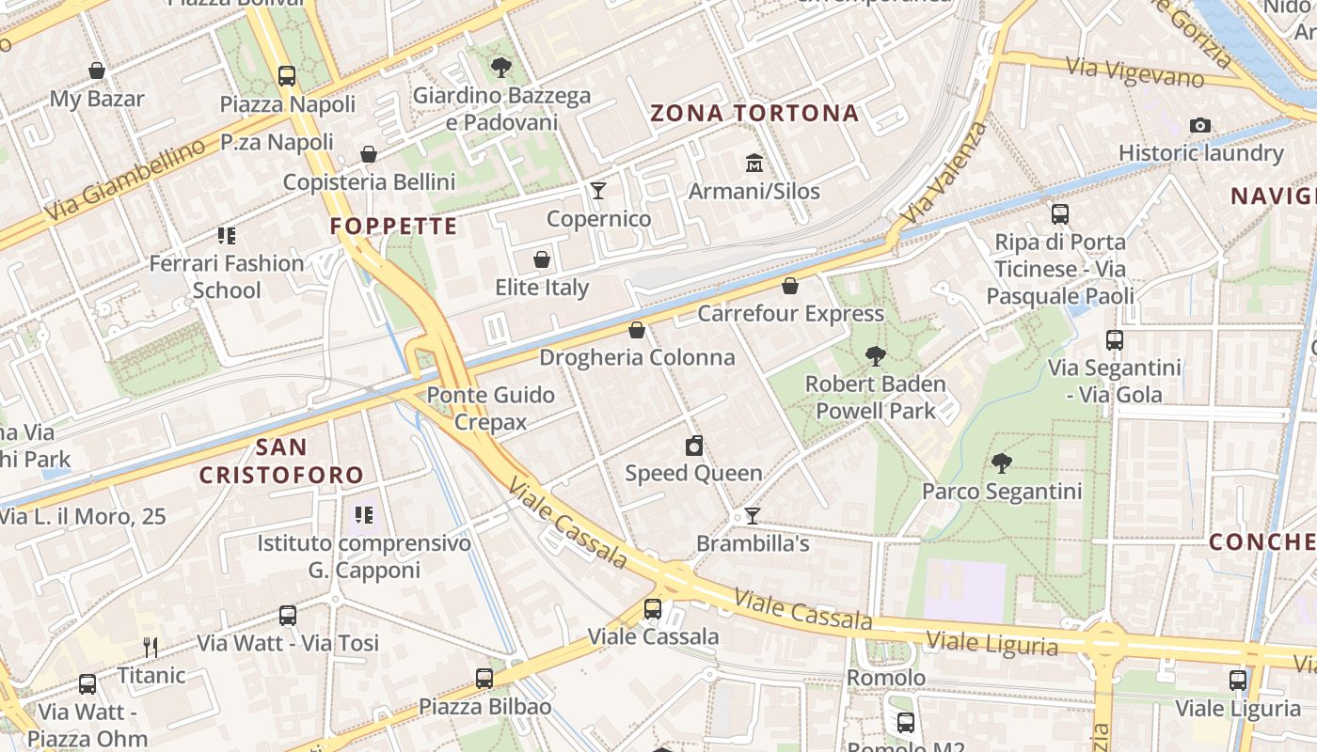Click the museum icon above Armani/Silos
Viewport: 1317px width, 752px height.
(754, 164)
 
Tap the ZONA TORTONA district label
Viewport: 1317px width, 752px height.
(754, 114)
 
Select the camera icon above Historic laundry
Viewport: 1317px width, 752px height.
(1199, 125)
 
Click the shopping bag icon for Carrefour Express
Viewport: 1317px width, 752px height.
(790, 286)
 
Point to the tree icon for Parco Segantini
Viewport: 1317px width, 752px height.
(1002, 462)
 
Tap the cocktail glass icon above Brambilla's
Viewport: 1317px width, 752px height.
(752, 515)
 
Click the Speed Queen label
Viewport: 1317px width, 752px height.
(693, 473)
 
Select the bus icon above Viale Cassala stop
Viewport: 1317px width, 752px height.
(653, 608)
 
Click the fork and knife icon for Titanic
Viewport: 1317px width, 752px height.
(151, 647)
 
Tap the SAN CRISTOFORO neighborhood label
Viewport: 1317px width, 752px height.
(281, 461)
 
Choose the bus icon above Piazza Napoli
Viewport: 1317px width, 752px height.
(287, 76)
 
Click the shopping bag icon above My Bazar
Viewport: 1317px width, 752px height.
(97, 70)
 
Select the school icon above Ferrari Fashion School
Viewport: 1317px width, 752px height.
(226, 235)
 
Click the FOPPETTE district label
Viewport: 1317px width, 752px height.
(393, 227)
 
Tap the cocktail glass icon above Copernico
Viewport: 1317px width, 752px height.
(598, 191)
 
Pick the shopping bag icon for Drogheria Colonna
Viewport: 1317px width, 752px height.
(637, 330)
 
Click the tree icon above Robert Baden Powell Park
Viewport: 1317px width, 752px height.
(875, 355)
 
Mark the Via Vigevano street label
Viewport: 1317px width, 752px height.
(1135, 72)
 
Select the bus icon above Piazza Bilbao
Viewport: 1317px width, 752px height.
(484, 678)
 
